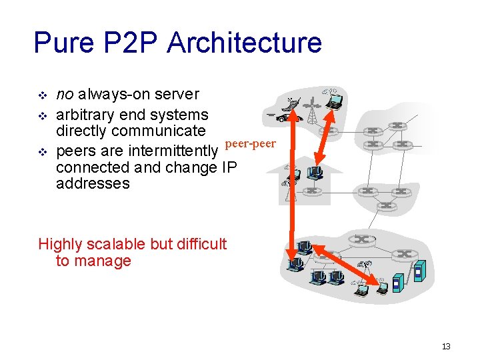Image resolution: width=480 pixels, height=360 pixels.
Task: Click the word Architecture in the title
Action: (x=245, y=43)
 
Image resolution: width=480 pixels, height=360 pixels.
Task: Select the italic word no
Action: (x=65, y=95)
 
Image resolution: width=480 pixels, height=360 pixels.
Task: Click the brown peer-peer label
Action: (x=251, y=143)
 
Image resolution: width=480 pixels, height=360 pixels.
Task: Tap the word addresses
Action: (x=93, y=183)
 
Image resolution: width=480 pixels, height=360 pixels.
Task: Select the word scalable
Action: (x=120, y=244)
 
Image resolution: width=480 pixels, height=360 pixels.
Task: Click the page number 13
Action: (x=446, y=346)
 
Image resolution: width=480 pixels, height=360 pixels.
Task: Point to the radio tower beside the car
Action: (x=311, y=110)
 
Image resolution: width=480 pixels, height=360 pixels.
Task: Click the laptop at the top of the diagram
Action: (x=333, y=101)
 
